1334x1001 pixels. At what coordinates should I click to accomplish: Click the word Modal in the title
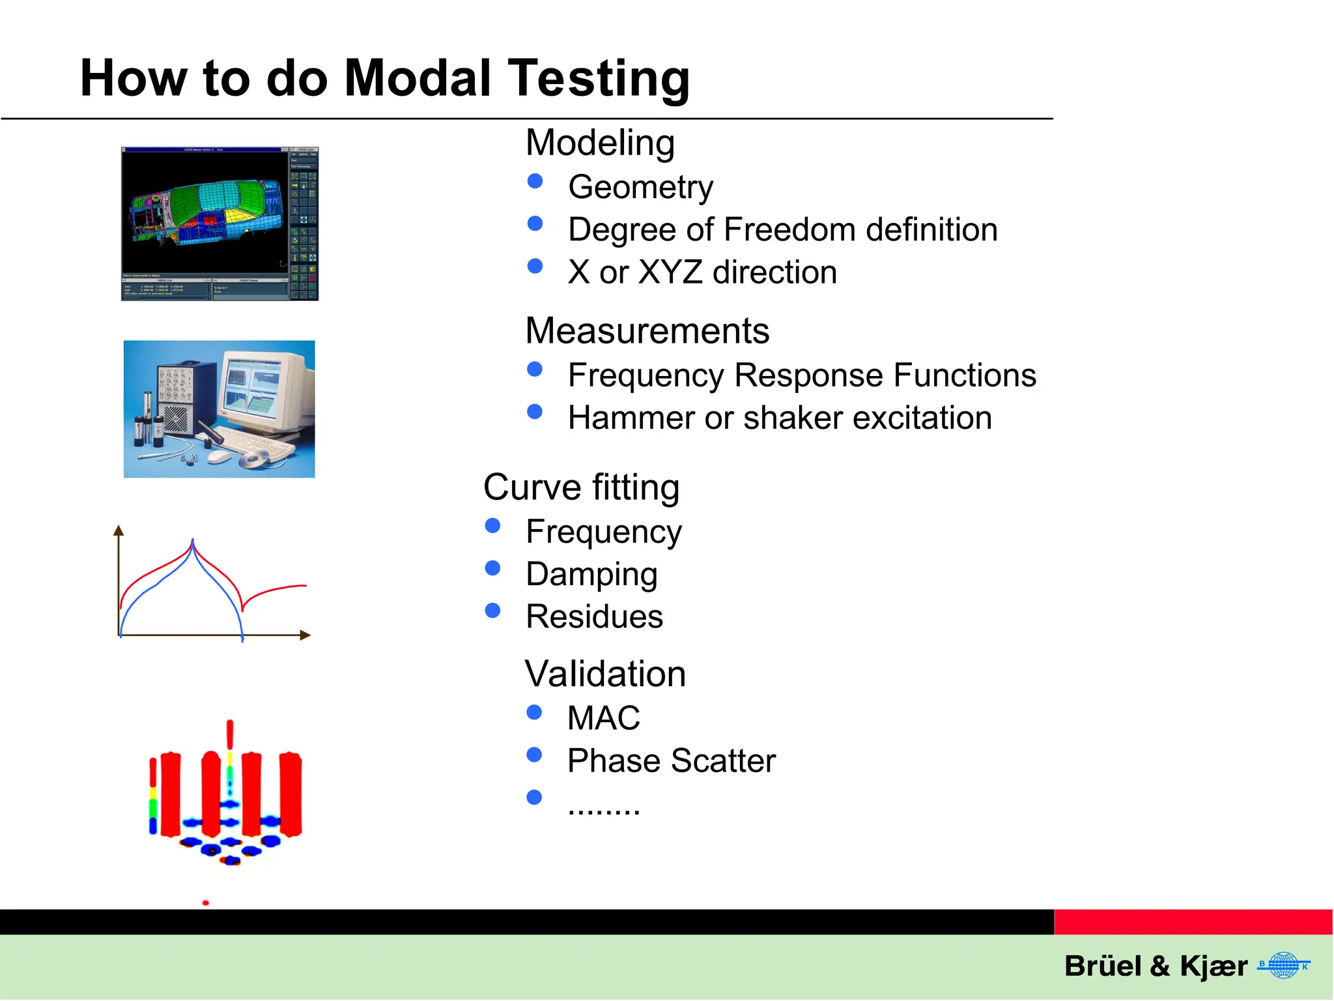click(417, 78)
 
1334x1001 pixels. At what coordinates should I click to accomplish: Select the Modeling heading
click(600, 143)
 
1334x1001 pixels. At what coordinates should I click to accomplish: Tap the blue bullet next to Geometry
click(535, 181)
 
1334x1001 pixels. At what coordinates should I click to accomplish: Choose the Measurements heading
click(647, 330)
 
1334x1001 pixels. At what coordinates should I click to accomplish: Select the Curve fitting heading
click(581, 487)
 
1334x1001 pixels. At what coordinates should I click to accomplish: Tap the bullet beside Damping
click(492, 568)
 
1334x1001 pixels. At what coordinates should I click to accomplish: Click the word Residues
click(594, 617)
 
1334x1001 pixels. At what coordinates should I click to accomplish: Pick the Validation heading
click(605, 674)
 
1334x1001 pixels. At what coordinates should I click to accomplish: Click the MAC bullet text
click(604, 718)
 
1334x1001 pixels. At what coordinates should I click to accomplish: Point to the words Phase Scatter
click(672, 761)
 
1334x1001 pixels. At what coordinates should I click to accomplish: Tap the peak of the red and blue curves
click(193, 542)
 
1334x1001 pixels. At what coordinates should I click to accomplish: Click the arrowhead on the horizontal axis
click(305, 635)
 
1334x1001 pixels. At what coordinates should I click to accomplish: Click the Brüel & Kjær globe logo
click(1283, 966)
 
